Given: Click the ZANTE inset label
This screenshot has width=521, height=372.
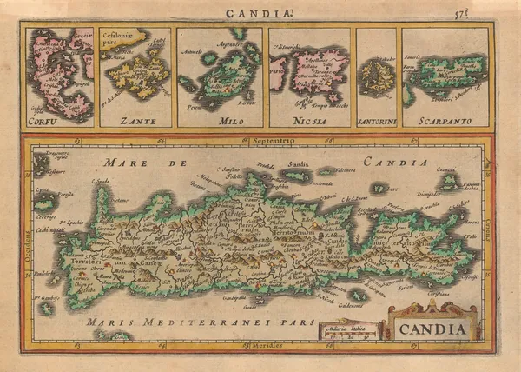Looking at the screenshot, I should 138,122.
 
